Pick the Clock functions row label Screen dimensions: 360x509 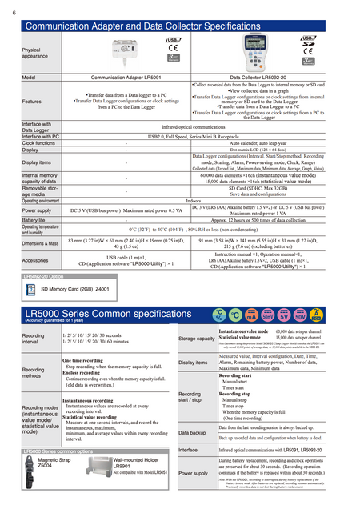pyautogui.click(x=38, y=143)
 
